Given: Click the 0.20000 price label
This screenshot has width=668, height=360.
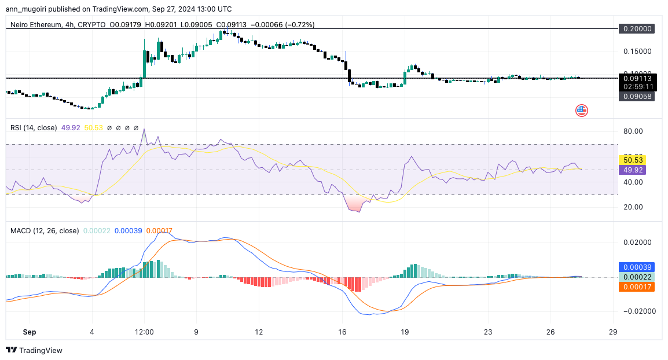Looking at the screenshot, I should pyautogui.click(x=636, y=28).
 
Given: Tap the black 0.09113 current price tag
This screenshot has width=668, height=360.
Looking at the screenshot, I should pyautogui.click(x=636, y=78).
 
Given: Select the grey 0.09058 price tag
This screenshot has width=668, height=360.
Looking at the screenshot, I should pyautogui.click(x=636, y=97).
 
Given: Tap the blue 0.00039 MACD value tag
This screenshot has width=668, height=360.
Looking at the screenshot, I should pyautogui.click(x=636, y=267).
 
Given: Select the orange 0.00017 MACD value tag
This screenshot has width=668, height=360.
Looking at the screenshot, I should pyautogui.click(x=636, y=287).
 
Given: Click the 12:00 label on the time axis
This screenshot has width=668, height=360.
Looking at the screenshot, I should pyautogui.click(x=144, y=332).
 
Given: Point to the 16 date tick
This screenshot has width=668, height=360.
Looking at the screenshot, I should pyautogui.click(x=342, y=332).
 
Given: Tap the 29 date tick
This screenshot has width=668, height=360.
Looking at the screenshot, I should pyautogui.click(x=613, y=332).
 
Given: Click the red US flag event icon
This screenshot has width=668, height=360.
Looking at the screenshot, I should pyautogui.click(x=581, y=111).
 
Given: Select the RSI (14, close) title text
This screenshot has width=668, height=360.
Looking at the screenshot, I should pyautogui.click(x=34, y=128).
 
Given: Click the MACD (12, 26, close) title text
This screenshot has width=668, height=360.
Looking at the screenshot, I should pyautogui.click(x=45, y=230).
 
